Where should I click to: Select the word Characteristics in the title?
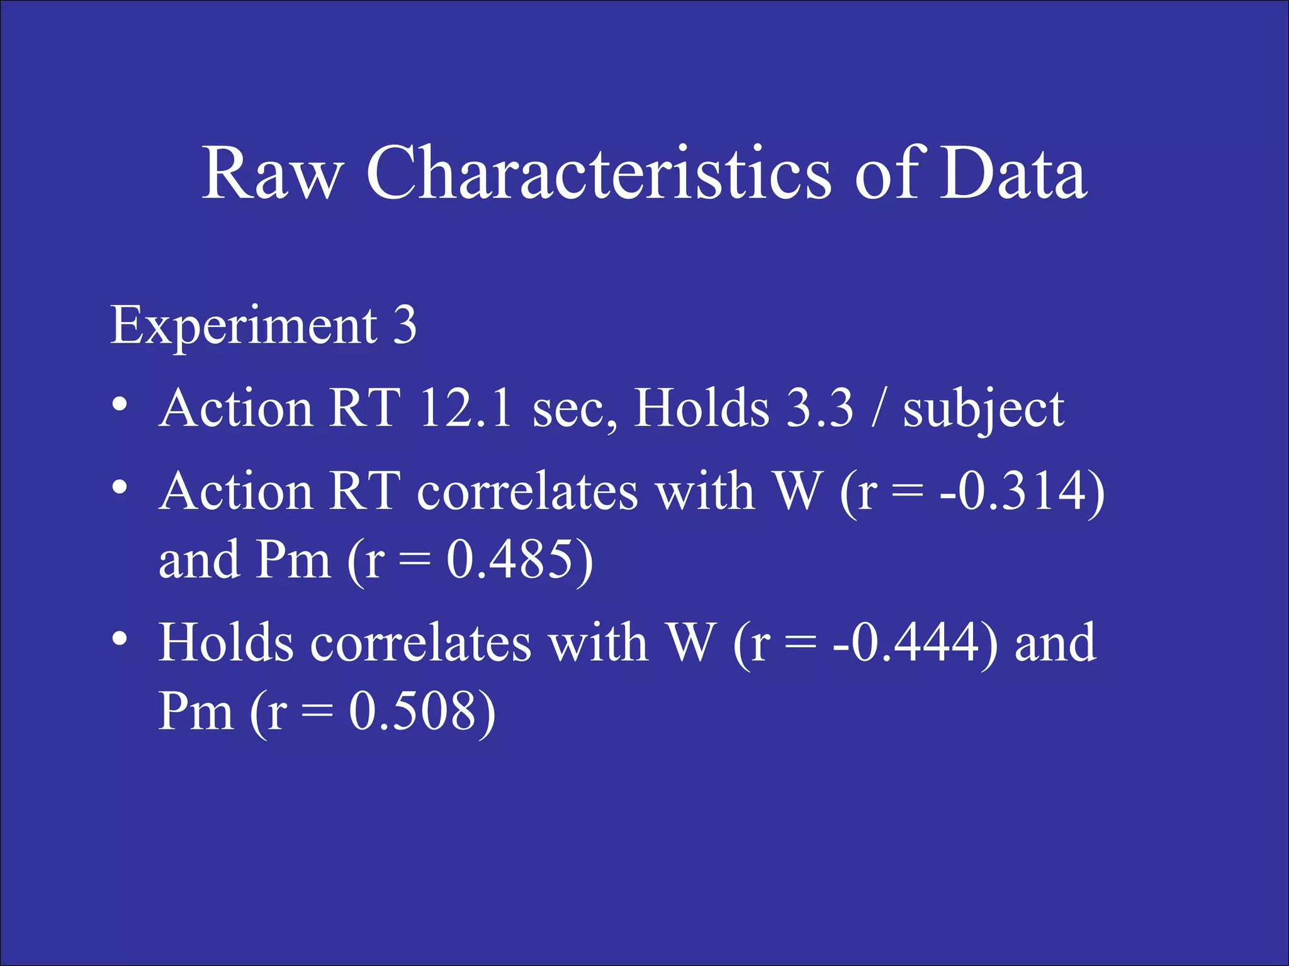click(599, 173)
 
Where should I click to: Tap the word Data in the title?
click(1013, 173)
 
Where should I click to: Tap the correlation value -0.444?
click(906, 643)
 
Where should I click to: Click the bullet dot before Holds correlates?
click(120, 639)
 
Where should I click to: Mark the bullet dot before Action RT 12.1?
click(120, 404)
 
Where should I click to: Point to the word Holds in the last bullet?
click(226, 643)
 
